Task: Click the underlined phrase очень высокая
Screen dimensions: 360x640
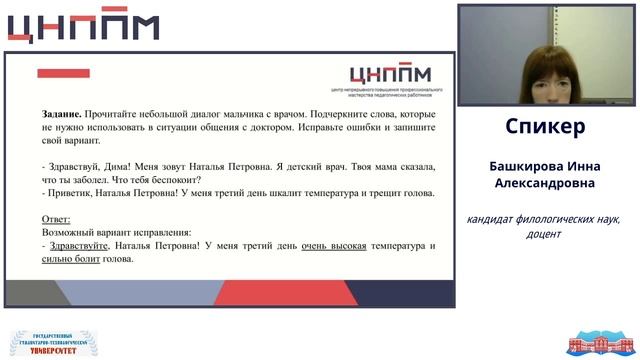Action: [334, 246]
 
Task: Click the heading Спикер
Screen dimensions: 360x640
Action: [545, 128]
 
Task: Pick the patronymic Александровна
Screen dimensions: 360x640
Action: [545, 183]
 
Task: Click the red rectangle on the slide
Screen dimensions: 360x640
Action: [63, 73]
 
